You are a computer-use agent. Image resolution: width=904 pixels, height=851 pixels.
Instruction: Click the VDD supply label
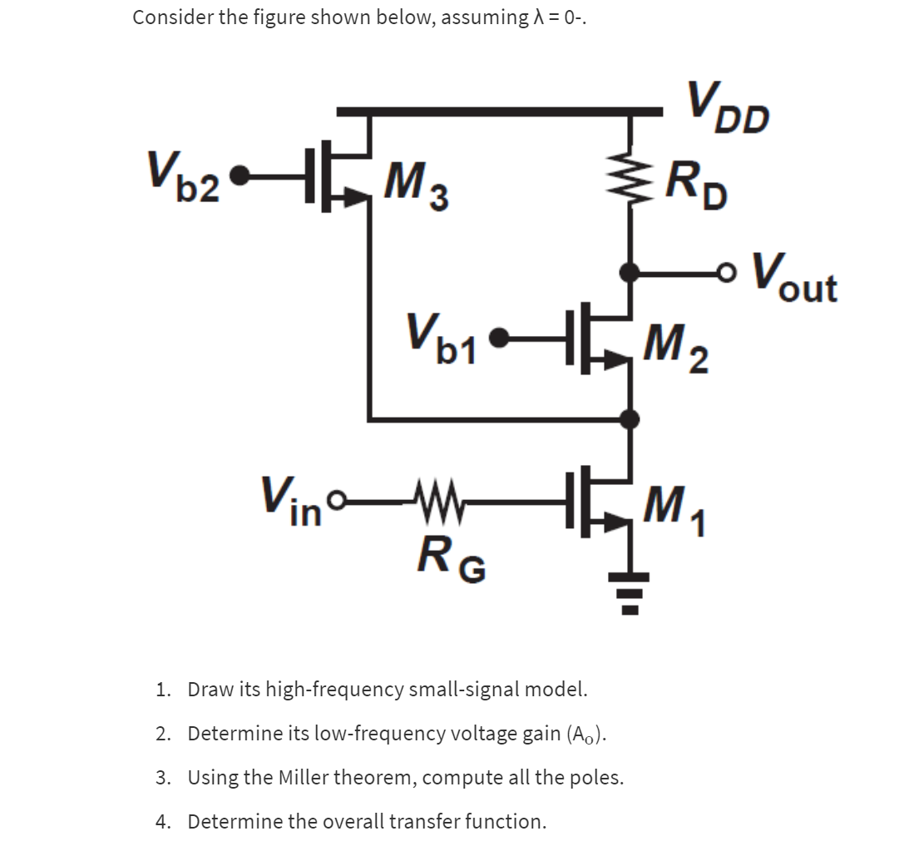[727, 106]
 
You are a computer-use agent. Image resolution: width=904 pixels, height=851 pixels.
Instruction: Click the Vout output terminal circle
[729, 271]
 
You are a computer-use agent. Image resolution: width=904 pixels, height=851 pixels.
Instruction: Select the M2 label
[677, 349]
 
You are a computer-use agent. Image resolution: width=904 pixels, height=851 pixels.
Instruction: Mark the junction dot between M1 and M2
[631, 419]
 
